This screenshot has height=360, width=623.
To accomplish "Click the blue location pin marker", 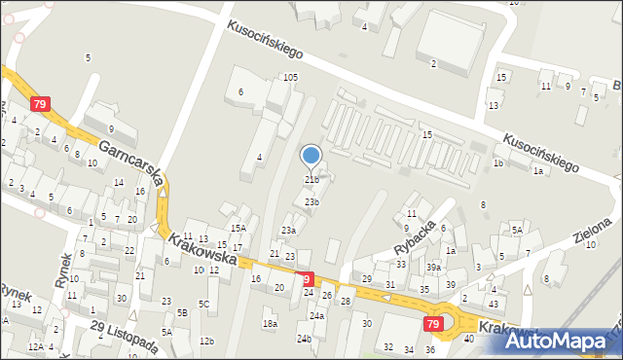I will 311,156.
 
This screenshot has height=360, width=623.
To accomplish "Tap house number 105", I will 290,77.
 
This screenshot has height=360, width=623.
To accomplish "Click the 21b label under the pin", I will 311,180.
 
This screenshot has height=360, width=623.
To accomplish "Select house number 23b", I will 311,202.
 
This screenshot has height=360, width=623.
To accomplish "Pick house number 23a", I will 289,231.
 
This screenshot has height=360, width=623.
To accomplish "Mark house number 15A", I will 238,228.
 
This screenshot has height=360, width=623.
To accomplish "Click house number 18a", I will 270,323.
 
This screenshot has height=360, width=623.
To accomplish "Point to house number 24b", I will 305,339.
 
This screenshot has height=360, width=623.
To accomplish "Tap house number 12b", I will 206,341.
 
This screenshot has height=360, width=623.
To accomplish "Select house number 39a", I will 433,267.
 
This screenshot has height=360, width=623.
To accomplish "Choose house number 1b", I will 497,163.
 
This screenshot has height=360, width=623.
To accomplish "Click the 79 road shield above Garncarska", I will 40,104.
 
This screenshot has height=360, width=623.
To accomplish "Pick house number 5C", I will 204,305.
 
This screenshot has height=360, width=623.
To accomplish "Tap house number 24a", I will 316,316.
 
